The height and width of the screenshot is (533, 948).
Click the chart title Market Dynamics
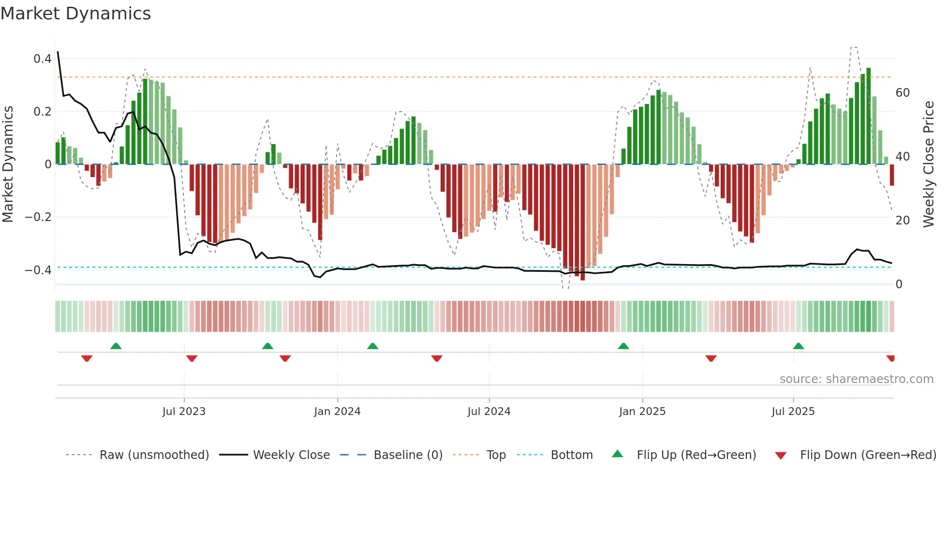[75, 14]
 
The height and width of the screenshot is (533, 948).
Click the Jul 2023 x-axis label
[184, 412]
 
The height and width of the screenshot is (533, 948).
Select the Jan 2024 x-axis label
[337, 412]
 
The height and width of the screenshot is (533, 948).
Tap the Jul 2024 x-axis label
[489, 412]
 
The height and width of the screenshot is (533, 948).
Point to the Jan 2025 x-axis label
[642, 412]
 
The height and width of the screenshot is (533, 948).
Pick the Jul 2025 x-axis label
[793, 412]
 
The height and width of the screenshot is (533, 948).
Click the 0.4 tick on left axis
[43, 59]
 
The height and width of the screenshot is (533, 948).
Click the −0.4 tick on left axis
[38, 270]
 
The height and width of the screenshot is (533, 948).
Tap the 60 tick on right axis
[903, 93]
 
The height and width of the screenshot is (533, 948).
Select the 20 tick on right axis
[903, 221]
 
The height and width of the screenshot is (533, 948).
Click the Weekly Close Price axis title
[929, 164]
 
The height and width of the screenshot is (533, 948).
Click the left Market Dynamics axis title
[8, 164]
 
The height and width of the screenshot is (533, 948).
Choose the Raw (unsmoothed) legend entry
[154, 455]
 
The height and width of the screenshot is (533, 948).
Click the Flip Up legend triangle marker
[618, 454]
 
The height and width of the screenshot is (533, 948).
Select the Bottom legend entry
[571, 455]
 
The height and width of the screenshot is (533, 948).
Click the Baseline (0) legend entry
[408, 455]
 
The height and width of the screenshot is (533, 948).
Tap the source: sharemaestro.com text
[856, 379]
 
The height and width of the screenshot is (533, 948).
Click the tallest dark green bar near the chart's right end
[869, 116]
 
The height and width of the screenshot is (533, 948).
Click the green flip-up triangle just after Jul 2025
[799, 346]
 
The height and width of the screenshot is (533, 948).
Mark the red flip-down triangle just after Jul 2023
[192, 358]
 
